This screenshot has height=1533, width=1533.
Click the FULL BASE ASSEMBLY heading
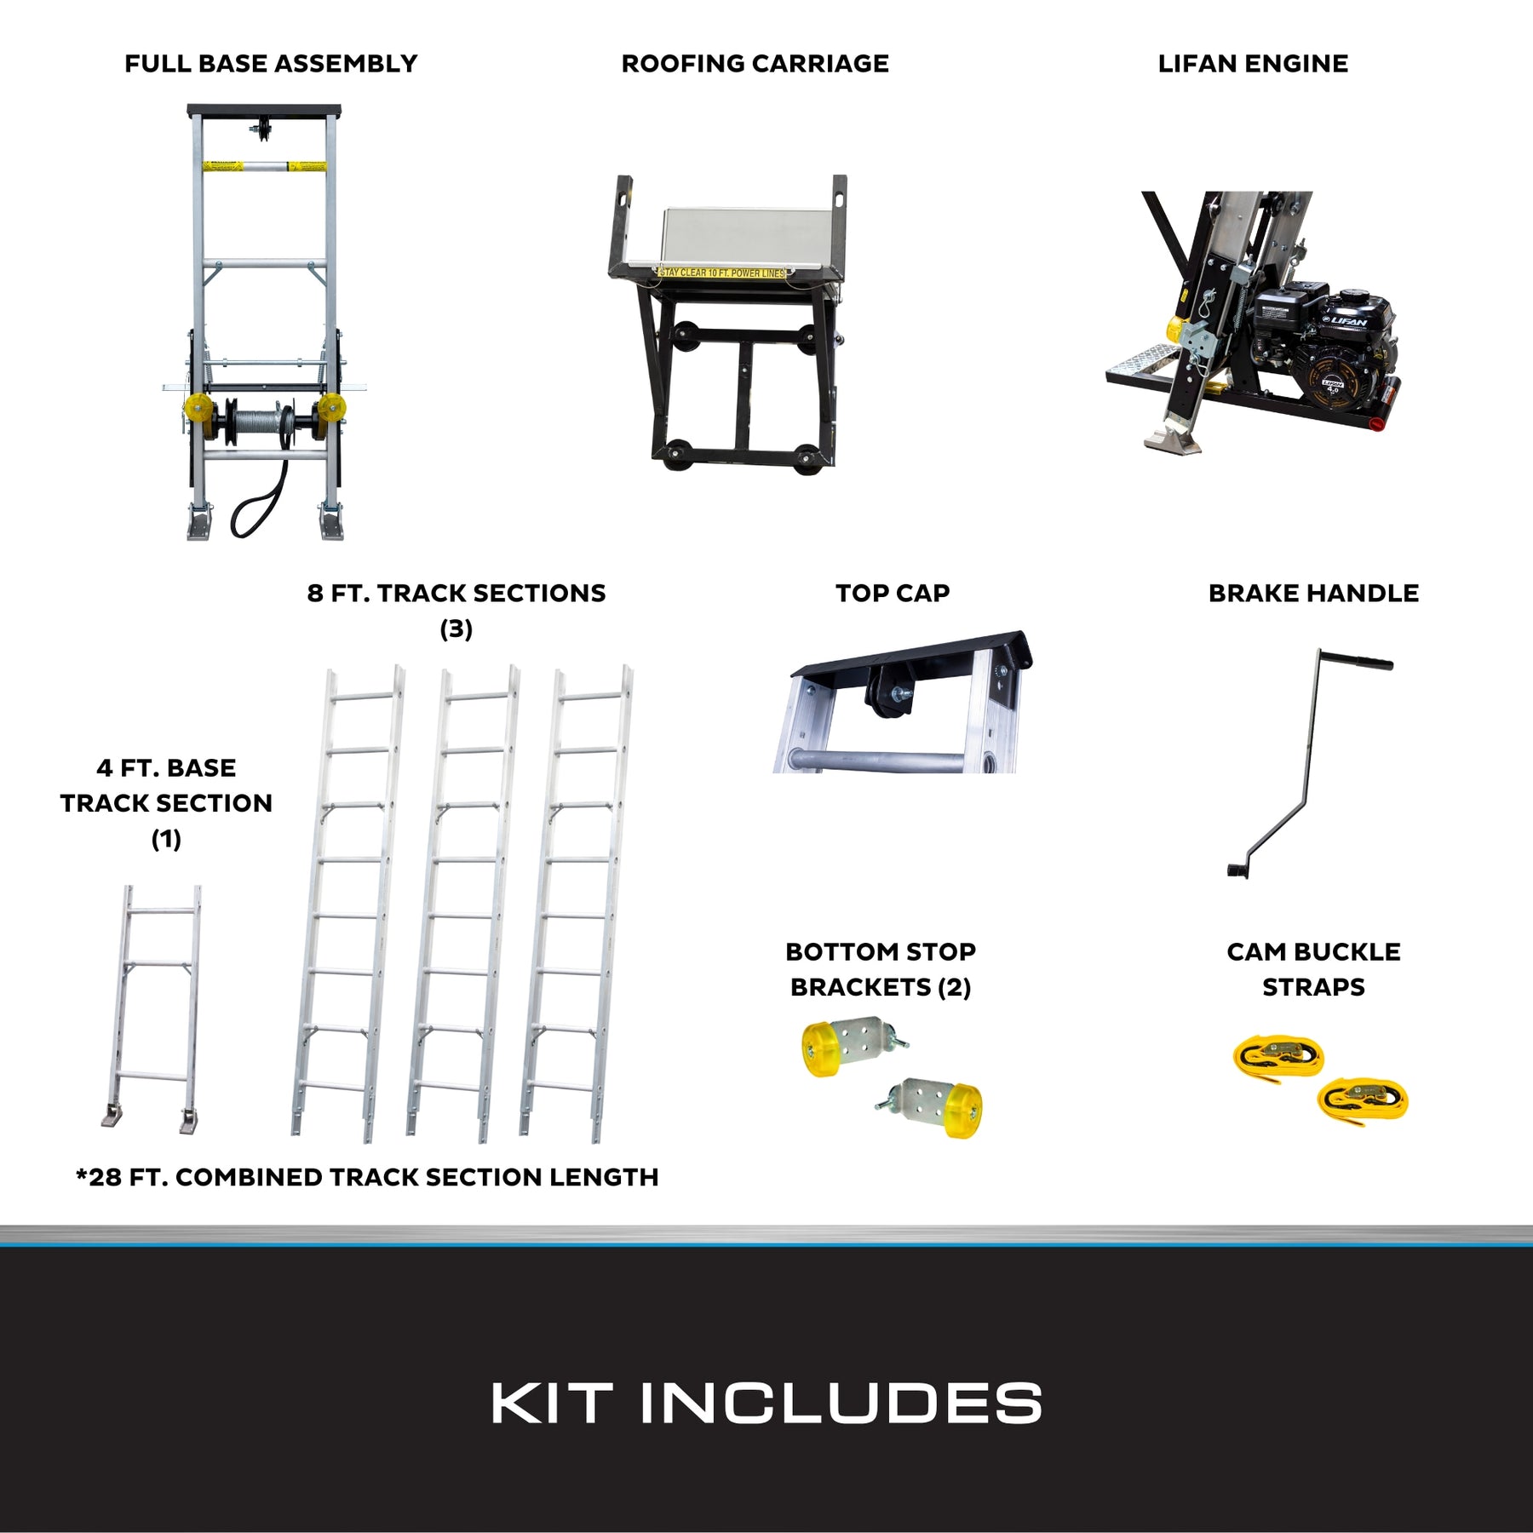click(x=271, y=64)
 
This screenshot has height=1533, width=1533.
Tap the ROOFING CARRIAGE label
click(x=755, y=64)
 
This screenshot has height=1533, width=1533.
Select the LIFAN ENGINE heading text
click(x=1253, y=64)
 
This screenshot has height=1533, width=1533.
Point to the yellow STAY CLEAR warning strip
click(x=722, y=273)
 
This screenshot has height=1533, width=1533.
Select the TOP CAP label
click(x=893, y=593)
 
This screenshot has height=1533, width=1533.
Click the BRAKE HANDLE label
click(x=1313, y=593)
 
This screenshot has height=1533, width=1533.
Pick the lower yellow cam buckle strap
click(x=1363, y=1100)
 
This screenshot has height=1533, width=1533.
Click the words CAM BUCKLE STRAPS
click(x=1313, y=969)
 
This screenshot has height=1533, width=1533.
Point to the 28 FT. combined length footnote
click(x=367, y=1177)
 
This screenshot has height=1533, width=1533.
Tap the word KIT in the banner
click(x=551, y=1403)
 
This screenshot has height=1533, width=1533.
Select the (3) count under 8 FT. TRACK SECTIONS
click(x=456, y=629)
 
